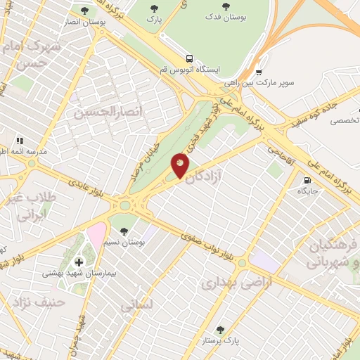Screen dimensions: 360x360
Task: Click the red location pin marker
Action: [x=181, y=165]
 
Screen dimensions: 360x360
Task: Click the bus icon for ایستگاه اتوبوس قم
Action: [x=188, y=59]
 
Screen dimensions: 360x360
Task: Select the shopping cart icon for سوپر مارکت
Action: [x=259, y=72]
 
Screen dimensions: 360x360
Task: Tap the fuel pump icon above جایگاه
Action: [x=307, y=180]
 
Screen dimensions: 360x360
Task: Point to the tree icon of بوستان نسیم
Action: [x=124, y=231]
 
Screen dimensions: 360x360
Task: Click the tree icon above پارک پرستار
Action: [x=220, y=329]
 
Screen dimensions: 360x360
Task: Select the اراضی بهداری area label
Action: [x=227, y=283]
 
